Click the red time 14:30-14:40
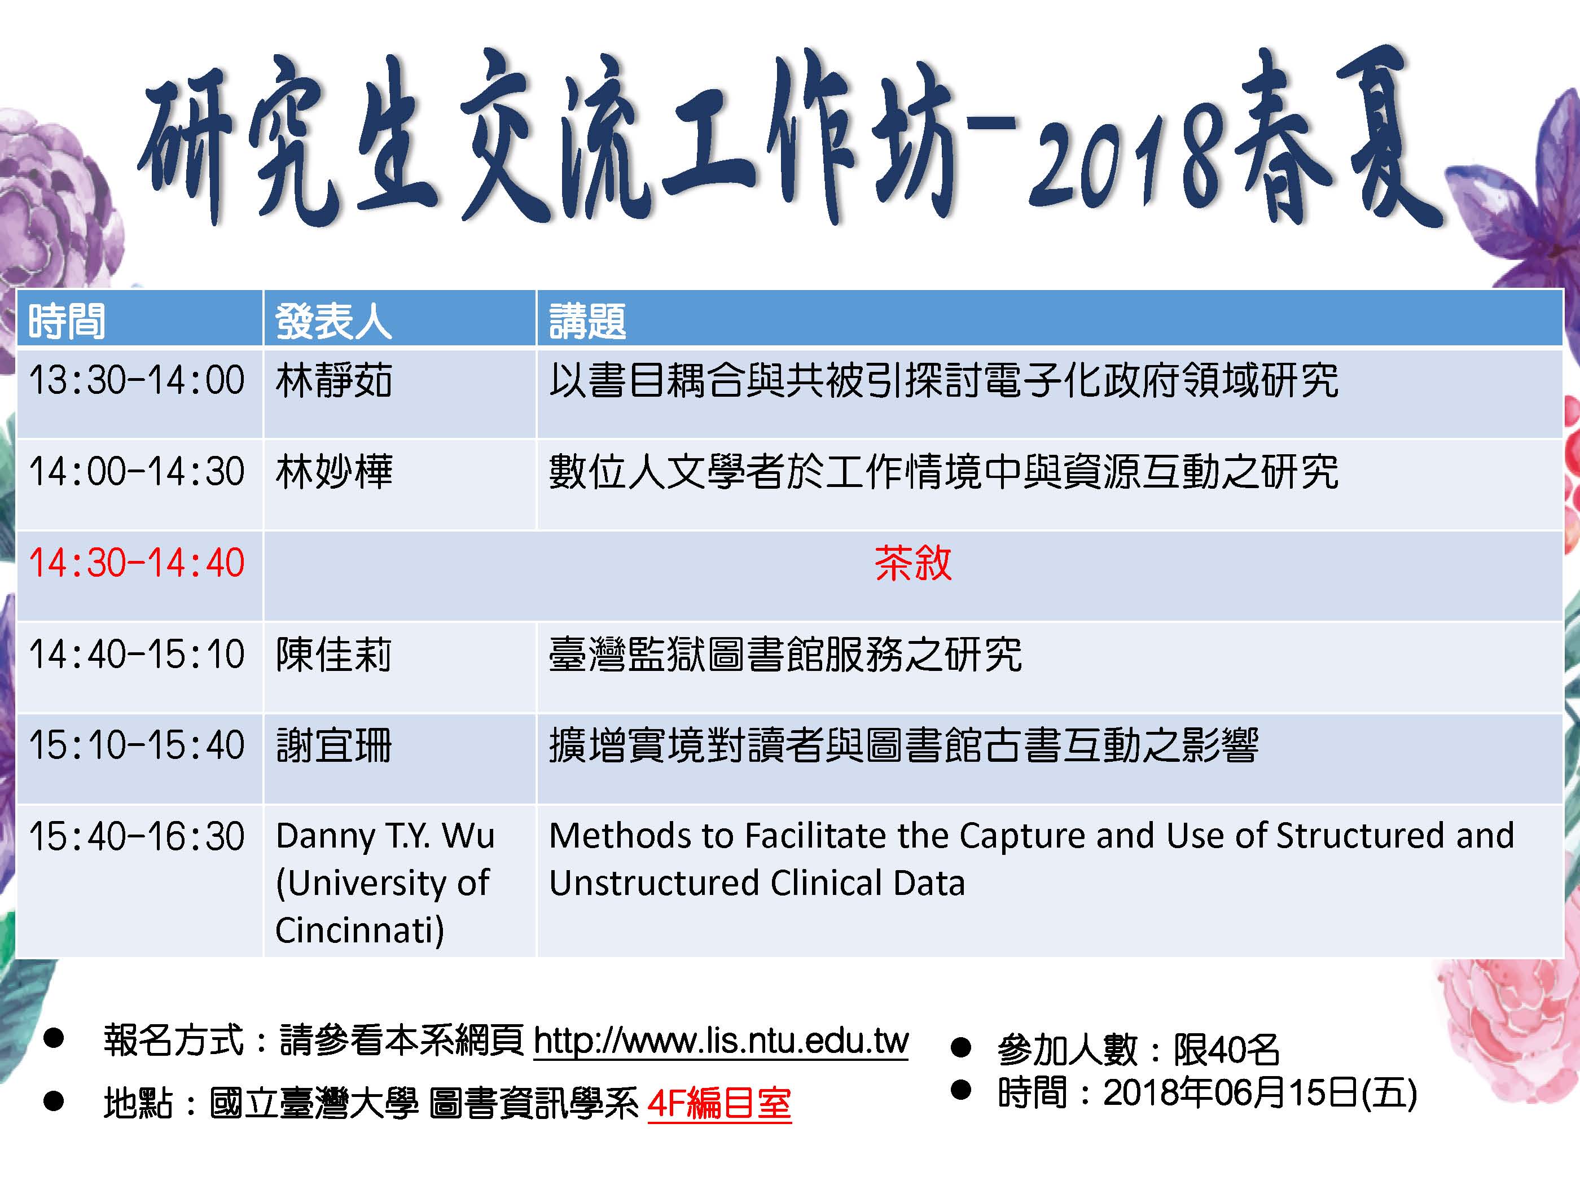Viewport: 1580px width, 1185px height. [137, 563]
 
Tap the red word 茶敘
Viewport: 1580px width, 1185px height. [913, 563]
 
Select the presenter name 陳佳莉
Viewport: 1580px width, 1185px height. [333, 654]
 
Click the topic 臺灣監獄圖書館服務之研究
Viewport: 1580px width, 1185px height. [785, 654]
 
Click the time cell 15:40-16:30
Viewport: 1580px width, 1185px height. [137, 836]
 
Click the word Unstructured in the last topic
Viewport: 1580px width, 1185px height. [653, 883]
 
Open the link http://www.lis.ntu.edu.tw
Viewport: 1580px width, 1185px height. [721, 1041]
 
